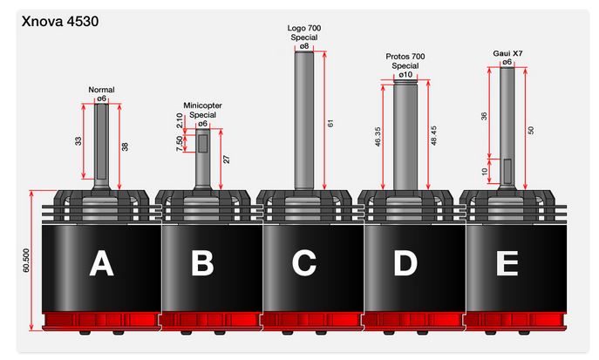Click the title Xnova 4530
tap(60, 21)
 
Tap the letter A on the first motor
tap(101, 263)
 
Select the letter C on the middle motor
tap(304, 263)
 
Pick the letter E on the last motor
tap(507, 263)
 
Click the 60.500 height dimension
tap(26, 261)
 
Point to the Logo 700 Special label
tap(304, 32)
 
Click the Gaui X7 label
tap(507, 53)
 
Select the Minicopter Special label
tap(202, 110)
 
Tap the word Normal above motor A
tap(101, 90)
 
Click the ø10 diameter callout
tap(405, 74)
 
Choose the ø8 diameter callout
tap(304, 46)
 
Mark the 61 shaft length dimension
tap(330, 123)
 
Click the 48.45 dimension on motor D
tap(433, 135)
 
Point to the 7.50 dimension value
tap(180, 144)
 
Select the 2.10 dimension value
tap(180, 120)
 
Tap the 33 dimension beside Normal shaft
tap(78, 141)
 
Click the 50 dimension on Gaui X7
tap(531, 130)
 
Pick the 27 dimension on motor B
tap(227, 160)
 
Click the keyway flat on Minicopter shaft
tap(203, 143)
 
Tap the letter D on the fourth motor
tap(405, 263)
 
